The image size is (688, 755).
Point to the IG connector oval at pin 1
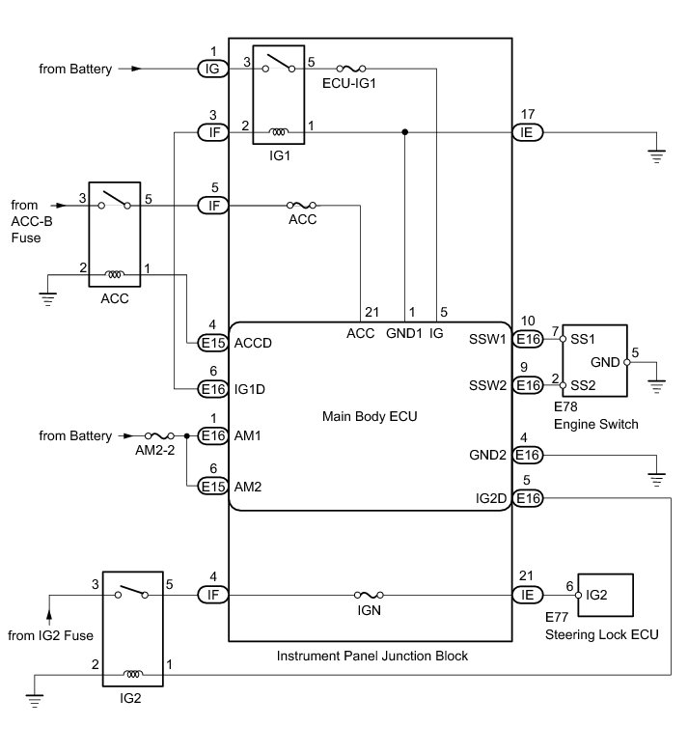click(212, 69)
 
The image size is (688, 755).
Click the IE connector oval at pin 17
click(528, 132)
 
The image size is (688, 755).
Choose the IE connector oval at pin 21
click(528, 595)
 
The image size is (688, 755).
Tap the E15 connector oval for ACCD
click(212, 342)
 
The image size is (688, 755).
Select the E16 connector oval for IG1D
click(212, 388)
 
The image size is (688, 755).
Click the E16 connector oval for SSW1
click(528, 339)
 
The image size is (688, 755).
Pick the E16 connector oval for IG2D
click(528, 498)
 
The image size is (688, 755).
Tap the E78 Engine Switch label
click(597, 416)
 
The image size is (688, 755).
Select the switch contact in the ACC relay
click(115, 200)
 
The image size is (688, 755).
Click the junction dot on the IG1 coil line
click(405, 132)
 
